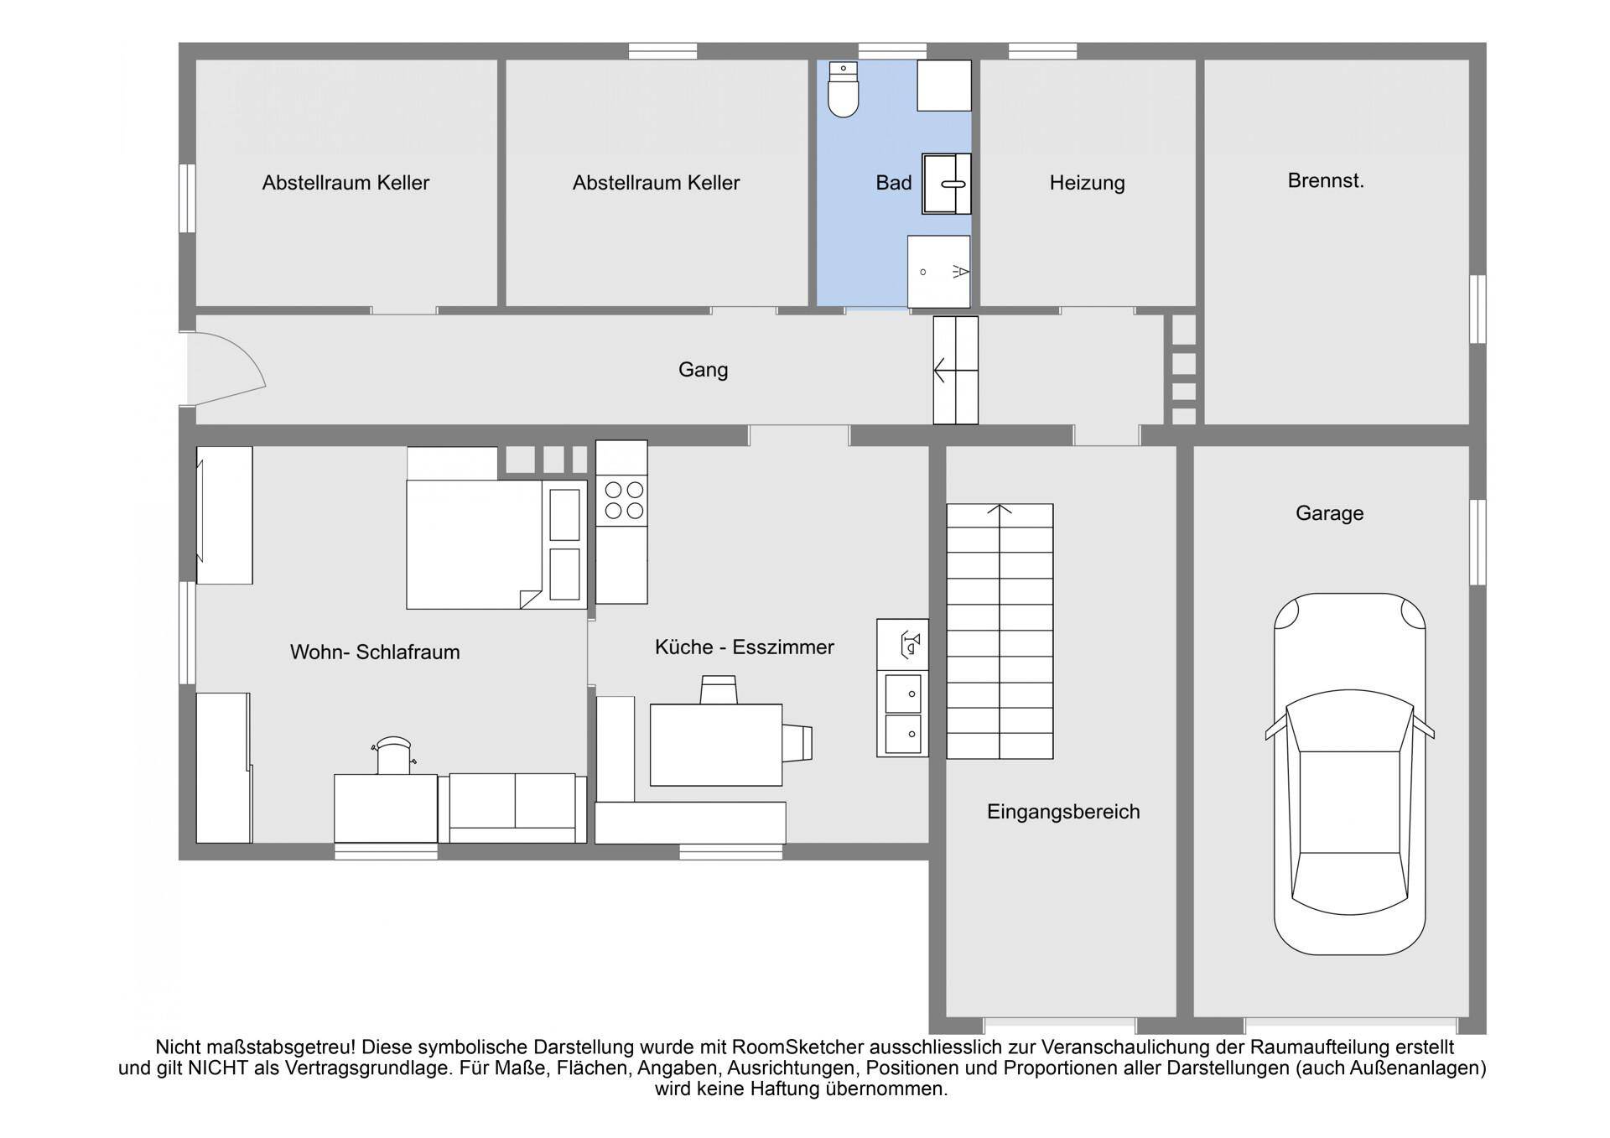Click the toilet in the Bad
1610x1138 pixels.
coord(843,89)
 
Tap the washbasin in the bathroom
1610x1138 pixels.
coord(947,184)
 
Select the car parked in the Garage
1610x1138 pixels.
coord(1349,773)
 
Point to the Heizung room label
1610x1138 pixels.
coord(1087,183)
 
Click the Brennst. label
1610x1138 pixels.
coord(1326,180)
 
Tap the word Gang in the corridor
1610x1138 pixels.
coord(703,370)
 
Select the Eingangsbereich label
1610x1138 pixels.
coord(1063,812)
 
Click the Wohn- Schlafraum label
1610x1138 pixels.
coord(375,652)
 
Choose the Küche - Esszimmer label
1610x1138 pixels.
coord(745,647)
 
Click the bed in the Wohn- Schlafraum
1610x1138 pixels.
coord(496,544)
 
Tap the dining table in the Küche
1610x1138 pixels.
coord(716,745)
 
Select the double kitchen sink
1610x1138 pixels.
coord(903,714)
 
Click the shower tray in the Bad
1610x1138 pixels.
coord(939,272)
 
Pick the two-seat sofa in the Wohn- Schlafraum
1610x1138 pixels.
coord(513,808)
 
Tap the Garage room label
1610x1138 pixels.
coord(1329,513)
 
